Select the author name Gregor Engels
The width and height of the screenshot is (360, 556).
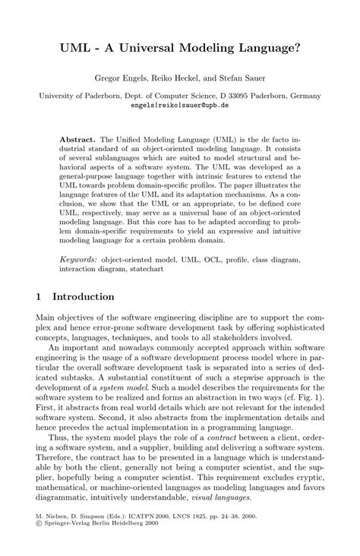[119, 78]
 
